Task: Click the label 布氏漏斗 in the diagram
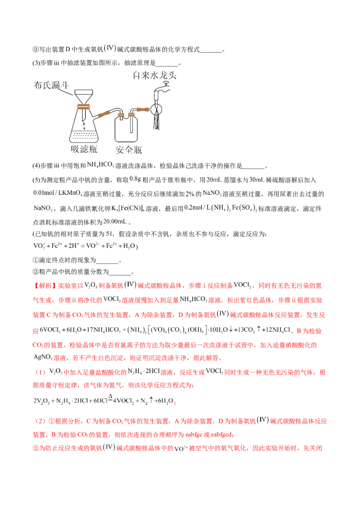[51, 85]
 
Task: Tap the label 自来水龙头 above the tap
[155, 75]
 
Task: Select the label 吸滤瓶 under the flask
[84, 149]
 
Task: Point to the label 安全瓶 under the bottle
[129, 150]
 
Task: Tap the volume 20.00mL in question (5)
[115, 221]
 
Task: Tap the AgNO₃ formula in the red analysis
[43, 357]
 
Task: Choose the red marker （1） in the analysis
[40, 372]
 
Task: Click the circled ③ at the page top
[36, 49]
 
